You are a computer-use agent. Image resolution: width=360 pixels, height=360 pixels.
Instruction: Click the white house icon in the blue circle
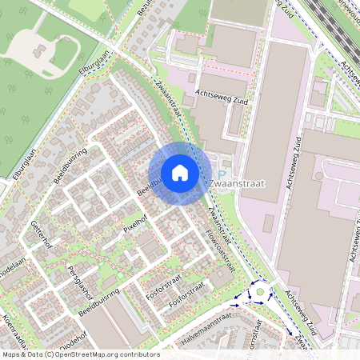point(180,173)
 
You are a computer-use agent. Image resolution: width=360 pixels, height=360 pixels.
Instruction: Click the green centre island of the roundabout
point(260,294)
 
